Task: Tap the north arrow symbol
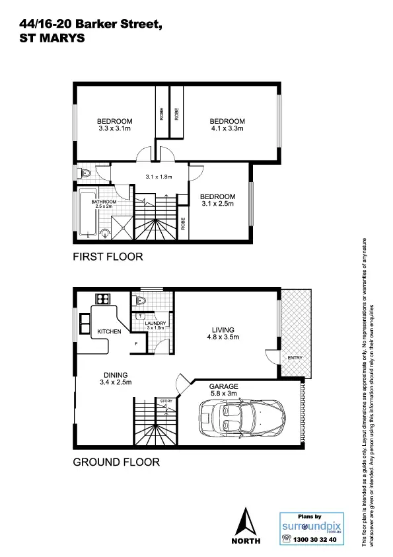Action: tap(247, 525)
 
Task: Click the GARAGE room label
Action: tap(223, 386)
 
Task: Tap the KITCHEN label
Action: tap(109, 331)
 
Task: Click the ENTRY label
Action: tap(294, 358)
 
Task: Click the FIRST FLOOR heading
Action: tap(107, 257)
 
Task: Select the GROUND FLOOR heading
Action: tap(116, 462)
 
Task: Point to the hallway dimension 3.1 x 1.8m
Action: tap(159, 177)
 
